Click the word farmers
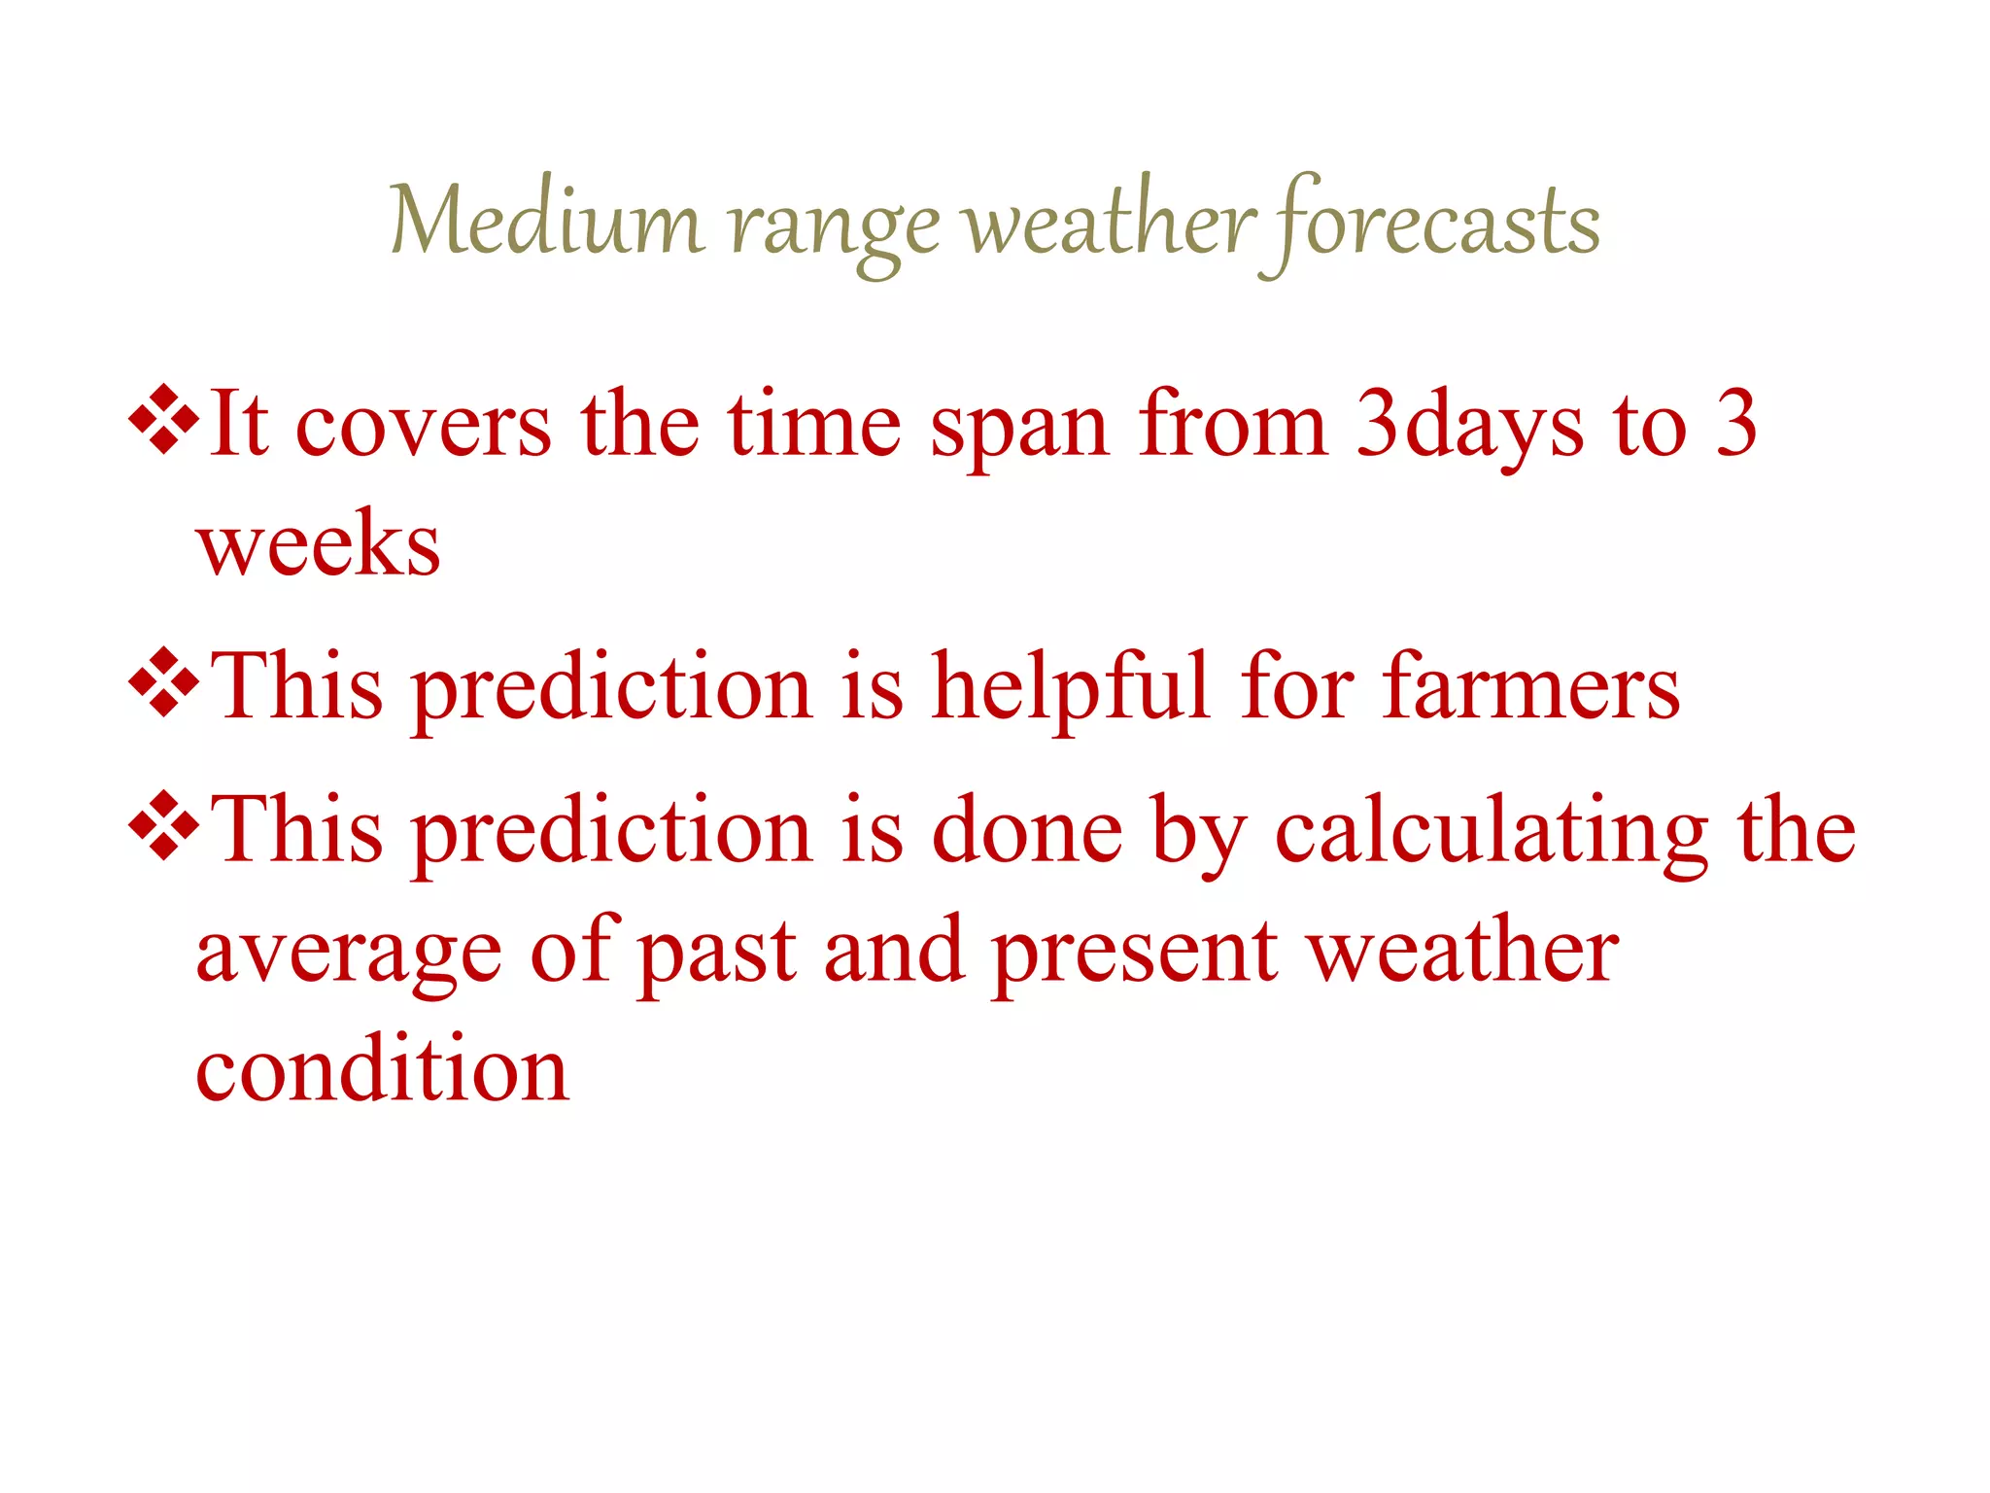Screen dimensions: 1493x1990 pos(1531,687)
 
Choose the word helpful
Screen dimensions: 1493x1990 pos(1070,687)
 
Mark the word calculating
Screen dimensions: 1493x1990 pos(1491,832)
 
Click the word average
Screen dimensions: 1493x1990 pos(349,955)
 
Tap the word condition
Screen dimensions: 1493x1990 pos(382,1069)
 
